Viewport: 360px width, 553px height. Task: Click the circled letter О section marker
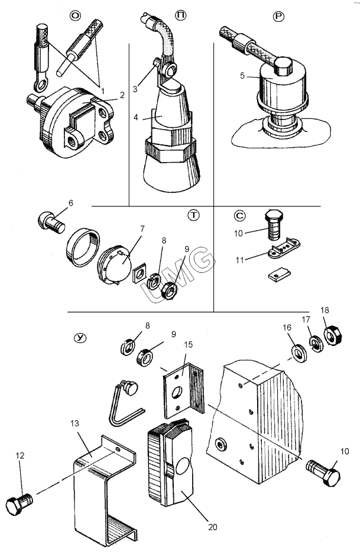point(75,16)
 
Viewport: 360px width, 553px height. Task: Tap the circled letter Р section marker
point(278,16)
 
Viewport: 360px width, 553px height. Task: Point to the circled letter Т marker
point(193,215)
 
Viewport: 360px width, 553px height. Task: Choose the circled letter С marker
point(240,215)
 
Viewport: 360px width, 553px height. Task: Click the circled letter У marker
point(80,338)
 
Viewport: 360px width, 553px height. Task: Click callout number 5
point(242,76)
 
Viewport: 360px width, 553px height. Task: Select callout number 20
point(213,527)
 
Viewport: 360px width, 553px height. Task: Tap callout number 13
point(74,423)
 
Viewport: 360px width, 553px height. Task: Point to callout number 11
point(240,260)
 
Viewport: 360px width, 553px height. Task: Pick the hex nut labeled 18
point(333,335)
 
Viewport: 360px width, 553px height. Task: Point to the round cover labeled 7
point(114,264)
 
